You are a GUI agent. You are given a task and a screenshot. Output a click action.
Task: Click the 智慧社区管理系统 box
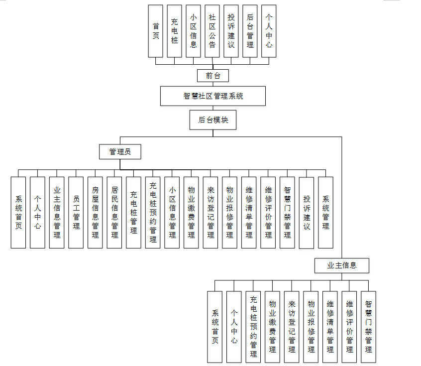point(212,96)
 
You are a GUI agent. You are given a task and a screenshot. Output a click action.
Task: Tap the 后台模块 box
point(213,120)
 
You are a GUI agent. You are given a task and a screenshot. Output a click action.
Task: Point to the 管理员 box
point(120,152)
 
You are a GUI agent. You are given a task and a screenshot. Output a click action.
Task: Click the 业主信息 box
point(341,266)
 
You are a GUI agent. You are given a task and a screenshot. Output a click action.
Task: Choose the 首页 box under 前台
point(156,31)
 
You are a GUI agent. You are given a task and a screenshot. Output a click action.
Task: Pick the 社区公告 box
point(212,31)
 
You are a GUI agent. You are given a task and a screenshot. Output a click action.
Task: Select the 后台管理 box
point(250,31)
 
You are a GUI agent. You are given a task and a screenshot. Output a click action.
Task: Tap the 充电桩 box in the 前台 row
point(175,31)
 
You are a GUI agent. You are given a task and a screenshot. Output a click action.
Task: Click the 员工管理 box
point(76,212)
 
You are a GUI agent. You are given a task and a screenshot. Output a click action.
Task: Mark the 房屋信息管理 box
point(95,212)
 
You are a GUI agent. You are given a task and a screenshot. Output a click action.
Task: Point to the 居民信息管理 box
point(114,212)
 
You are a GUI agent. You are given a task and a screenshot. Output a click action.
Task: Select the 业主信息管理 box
point(57,212)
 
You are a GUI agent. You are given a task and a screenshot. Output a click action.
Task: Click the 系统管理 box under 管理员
point(325,212)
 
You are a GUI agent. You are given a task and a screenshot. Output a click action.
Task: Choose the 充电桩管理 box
point(133,212)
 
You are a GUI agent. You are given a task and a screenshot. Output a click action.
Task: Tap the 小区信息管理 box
point(172,212)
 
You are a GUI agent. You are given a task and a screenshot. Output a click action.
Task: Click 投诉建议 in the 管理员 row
point(307,213)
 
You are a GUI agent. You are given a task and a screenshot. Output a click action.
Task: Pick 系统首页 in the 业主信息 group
point(215,327)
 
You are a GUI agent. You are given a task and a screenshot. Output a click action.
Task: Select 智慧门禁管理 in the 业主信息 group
point(368,327)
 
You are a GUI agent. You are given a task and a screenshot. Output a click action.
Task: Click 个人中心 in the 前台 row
point(269,31)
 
